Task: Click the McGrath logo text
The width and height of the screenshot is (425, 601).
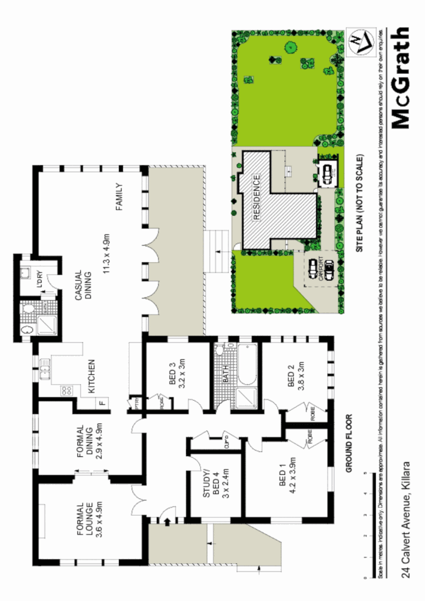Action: click(x=400, y=78)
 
